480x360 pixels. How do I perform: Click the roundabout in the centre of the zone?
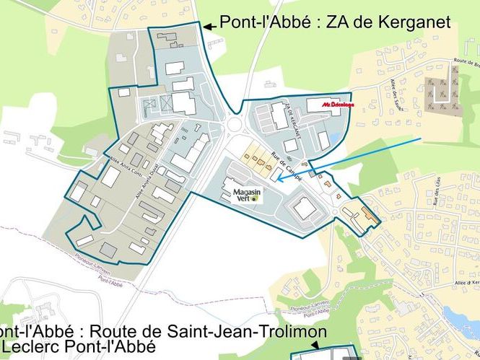235,127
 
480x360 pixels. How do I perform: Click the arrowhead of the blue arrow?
279,179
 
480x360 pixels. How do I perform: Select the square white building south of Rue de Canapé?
304,208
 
